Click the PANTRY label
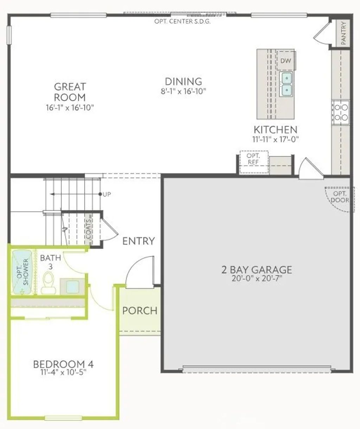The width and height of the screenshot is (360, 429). (x=343, y=33)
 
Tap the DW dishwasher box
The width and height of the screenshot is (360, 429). (x=286, y=61)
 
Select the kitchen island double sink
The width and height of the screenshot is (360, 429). (x=287, y=84)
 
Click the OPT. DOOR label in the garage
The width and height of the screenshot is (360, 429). (x=340, y=197)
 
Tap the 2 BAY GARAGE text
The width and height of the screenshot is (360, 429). (x=257, y=270)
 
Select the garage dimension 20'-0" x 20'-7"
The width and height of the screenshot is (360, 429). (x=257, y=279)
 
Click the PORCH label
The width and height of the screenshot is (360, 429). (x=140, y=311)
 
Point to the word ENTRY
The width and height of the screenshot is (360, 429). (x=139, y=241)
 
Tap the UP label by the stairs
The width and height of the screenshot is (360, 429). (x=107, y=194)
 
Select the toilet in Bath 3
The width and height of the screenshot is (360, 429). (x=49, y=283)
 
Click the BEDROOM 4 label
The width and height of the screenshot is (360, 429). (x=63, y=364)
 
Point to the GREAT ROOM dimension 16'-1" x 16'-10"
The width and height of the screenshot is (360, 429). (x=70, y=108)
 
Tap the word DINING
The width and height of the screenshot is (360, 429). (x=184, y=82)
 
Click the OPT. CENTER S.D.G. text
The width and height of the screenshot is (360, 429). (x=182, y=21)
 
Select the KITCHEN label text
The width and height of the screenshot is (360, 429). (x=276, y=129)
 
